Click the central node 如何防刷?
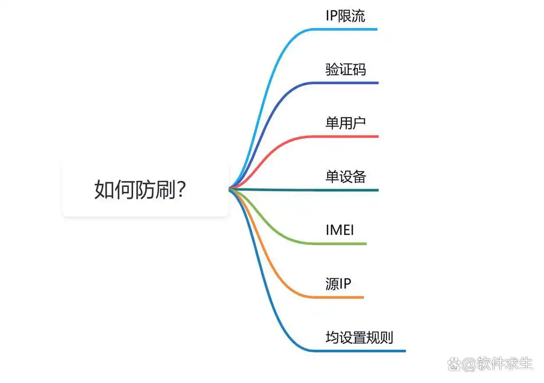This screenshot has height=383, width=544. click(145, 190)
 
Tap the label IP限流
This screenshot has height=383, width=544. click(345, 16)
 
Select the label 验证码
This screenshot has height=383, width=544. click(346, 70)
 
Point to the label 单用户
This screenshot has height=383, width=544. click(346, 123)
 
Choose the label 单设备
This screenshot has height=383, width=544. click(346, 177)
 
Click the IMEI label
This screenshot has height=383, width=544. click(340, 230)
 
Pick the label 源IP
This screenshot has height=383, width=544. click(338, 284)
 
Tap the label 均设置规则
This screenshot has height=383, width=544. click(359, 337)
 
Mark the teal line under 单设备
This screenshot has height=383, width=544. click(304, 190)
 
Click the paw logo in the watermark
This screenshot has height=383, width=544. click(454, 364)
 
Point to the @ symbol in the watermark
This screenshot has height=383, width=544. click(469, 365)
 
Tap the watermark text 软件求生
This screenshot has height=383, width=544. click(505, 364)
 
